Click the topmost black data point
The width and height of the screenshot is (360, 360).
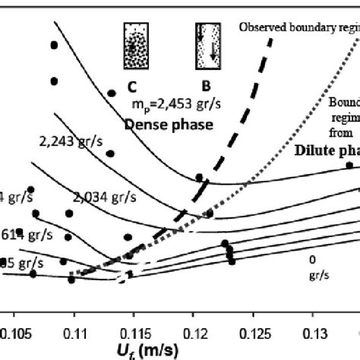[x=54, y=46]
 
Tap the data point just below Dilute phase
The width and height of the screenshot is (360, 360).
[x=349, y=165]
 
